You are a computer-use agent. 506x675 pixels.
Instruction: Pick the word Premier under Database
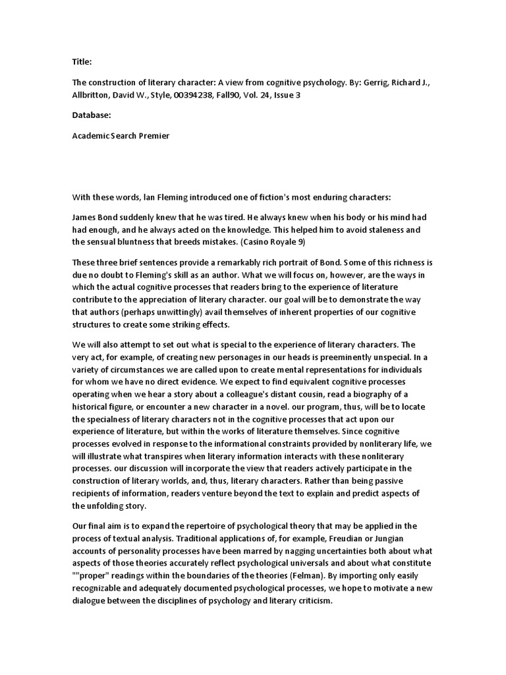(x=152, y=136)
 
